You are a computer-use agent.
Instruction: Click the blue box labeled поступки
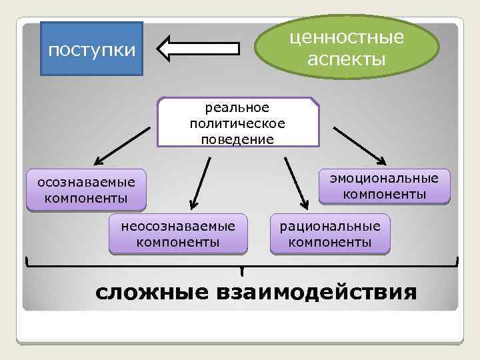click(x=92, y=49)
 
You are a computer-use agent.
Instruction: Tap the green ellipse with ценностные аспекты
click(x=347, y=48)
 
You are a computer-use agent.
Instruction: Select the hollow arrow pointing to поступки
click(x=199, y=49)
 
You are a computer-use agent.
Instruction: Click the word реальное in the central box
click(x=237, y=107)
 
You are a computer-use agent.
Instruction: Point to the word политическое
click(x=237, y=123)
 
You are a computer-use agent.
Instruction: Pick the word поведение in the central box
click(x=237, y=139)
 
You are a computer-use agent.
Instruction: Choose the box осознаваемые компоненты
click(x=86, y=190)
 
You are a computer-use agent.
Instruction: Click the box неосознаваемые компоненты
click(x=178, y=234)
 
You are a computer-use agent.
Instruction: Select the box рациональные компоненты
click(x=330, y=234)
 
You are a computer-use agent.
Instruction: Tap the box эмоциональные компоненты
click(x=385, y=186)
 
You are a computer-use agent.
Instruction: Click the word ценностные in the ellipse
click(x=347, y=37)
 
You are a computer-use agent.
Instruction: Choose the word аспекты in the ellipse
click(x=347, y=59)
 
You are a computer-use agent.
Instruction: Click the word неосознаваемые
click(x=178, y=226)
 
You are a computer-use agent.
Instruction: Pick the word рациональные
click(x=330, y=226)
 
